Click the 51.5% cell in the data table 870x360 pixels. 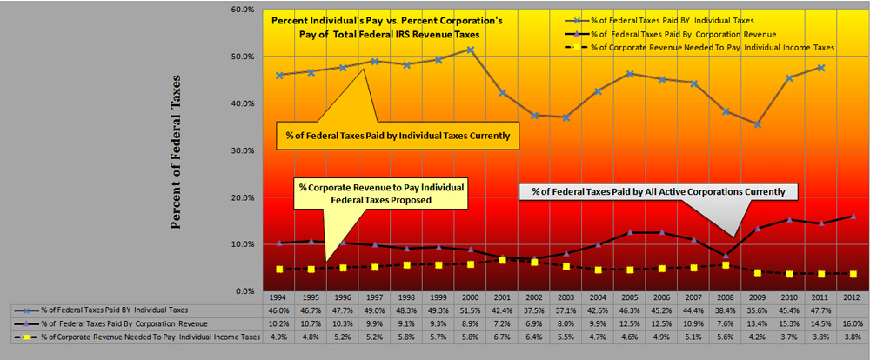(x=470, y=310)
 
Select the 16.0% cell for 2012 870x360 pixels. (x=853, y=322)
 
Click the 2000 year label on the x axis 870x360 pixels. (x=470, y=297)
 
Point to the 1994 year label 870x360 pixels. (x=278, y=297)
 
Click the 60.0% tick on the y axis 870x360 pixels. (x=243, y=10)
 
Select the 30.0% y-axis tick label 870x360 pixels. (x=243, y=150)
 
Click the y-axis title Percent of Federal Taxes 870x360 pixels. (x=176, y=152)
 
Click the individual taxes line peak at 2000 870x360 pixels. (x=470, y=50)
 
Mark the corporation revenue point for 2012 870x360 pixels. (x=853, y=216)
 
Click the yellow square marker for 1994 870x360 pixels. (x=278, y=269)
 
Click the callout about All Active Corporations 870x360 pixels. (x=652, y=190)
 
